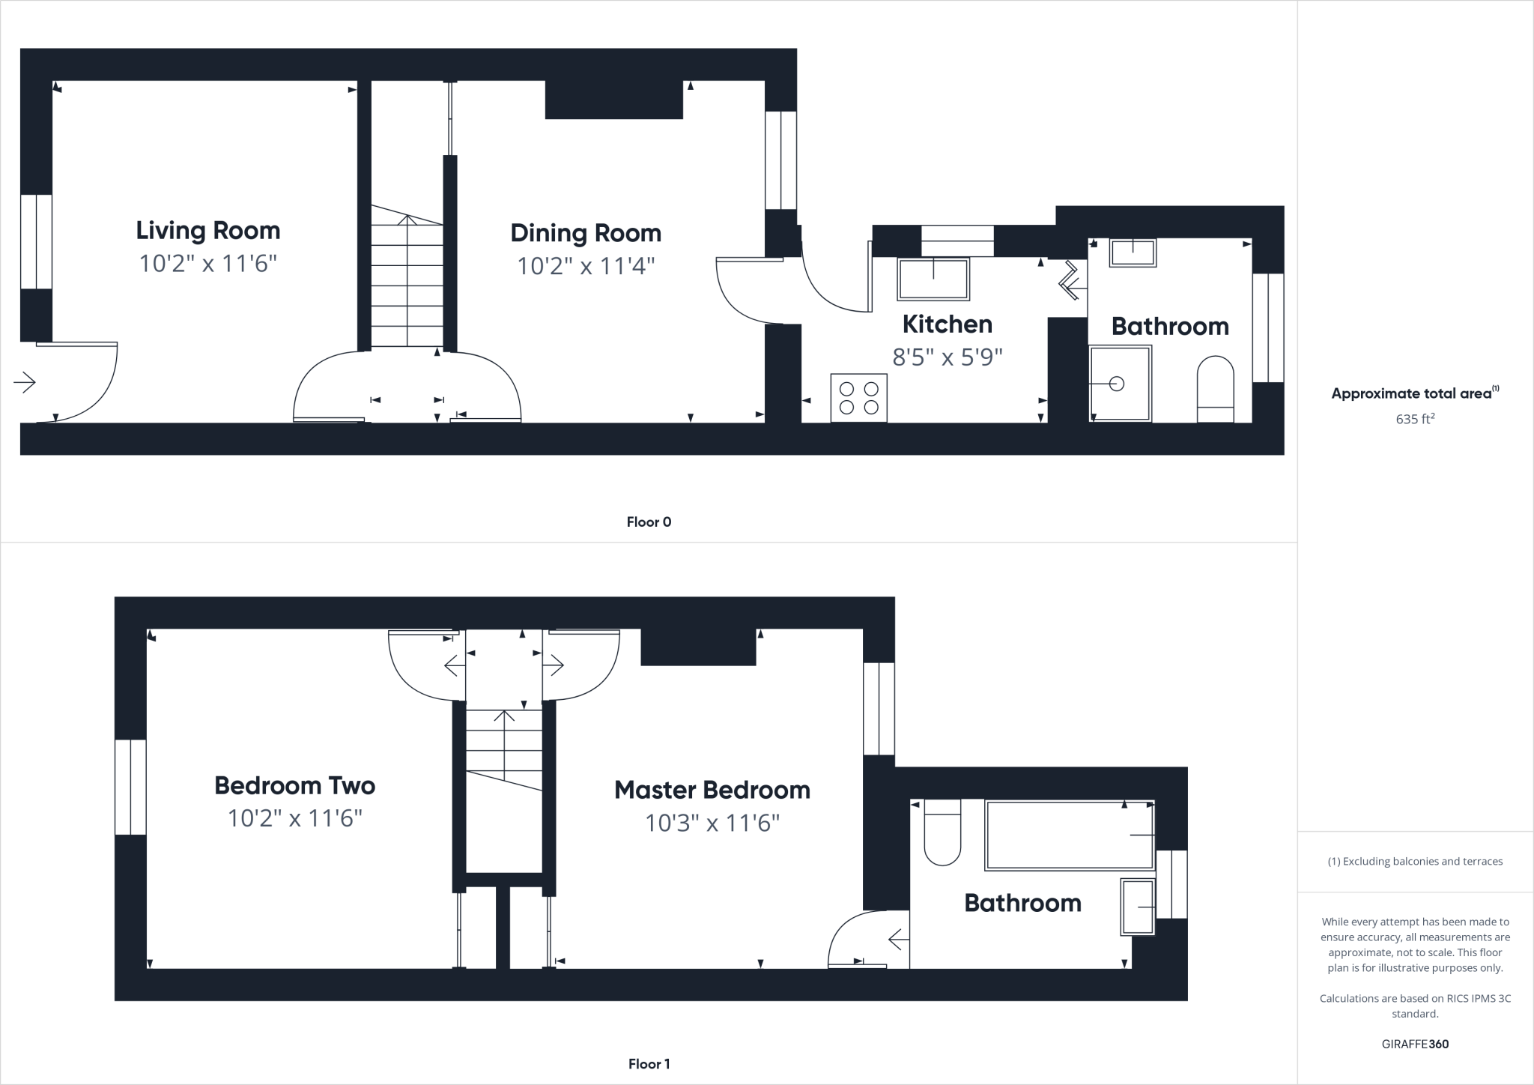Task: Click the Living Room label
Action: (x=208, y=230)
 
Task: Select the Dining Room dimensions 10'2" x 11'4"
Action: (x=586, y=266)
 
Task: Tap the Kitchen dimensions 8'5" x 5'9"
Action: (x=948, y=357)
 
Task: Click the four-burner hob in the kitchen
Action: (x=859, y=398)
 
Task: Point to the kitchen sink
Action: (x=933, y=278)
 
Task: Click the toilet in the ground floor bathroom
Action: (x=1215, y=388)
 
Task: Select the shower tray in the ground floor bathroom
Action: (x=1120, y=384)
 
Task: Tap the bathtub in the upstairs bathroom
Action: (x=1070, y=835)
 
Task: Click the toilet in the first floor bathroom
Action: (x=942, y=832)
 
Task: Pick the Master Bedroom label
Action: (x=712, y=790)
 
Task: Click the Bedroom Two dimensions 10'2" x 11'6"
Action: (x=294, y=818)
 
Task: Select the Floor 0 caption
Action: (x=649, y=522)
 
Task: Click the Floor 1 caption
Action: (x=649, y=1064)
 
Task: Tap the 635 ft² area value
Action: (x=1415, y=419)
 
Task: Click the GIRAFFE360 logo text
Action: (x=1415, y=1044)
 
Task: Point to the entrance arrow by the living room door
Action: (x=25, y=383)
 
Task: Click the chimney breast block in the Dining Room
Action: (x=613, y=99)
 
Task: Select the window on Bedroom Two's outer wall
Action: (x=130, y=787)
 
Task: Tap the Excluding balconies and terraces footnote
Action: (x=1415, y=862)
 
